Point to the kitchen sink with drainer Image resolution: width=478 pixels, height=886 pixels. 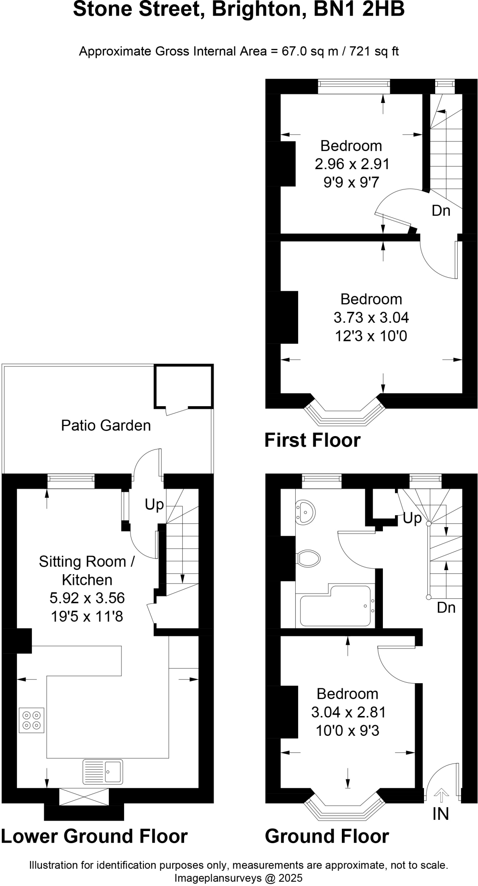coord(102,772)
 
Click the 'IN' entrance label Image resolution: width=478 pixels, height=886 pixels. coord(440,814)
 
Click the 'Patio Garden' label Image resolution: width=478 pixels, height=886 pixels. coord(106,426)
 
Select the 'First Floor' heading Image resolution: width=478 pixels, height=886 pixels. coord(312,440)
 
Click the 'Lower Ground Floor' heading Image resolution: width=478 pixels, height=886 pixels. coord(94,836)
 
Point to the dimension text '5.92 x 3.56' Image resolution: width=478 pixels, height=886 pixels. coord(87,598)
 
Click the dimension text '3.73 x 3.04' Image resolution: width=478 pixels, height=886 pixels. coord(371,318)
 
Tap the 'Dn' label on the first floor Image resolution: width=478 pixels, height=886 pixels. coord(441,211)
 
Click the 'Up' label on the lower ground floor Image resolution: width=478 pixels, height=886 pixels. coord(154,504)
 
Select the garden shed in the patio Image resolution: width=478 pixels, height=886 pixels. coord(184,386)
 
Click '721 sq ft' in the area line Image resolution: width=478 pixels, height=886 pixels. coord(374,51)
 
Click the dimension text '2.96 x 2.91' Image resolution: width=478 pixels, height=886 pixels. coord(352,164)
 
